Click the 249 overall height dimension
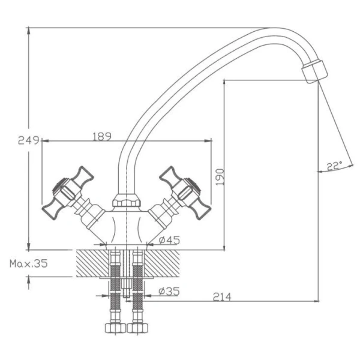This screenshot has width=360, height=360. coord(28,140)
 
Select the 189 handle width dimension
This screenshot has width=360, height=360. coord(102,136)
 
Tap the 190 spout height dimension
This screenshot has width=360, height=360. coord(220,177)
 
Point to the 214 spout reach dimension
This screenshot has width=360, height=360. coord(222,297)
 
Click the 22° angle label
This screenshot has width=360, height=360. coord(334,166)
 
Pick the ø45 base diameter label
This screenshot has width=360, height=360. coord(169,240)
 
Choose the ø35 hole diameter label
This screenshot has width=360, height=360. coord(169,292)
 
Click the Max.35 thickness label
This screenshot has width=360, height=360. coord(29,263)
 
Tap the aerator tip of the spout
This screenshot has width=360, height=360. coord(314,71)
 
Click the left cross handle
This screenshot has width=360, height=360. coord(68,193)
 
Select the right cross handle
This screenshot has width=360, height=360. coord(185,193)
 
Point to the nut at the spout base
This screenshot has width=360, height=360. coord(127,200)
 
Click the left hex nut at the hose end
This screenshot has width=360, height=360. coord(115,328)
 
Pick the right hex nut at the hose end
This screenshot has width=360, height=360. coord(137,328)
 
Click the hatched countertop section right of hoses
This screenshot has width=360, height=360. coord(162,263)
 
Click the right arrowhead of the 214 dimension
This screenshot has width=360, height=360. coord(316,301)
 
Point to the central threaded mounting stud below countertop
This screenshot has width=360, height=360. coord(127,287)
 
